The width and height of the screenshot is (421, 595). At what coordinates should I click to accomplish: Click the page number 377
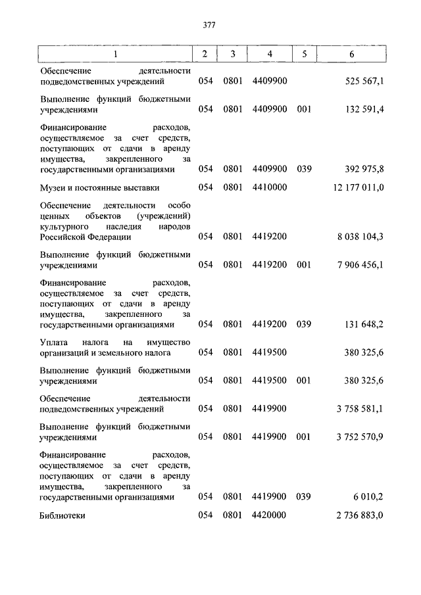210,26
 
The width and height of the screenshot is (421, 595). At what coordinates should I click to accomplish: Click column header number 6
352,54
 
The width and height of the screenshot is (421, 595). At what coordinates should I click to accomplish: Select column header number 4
270,54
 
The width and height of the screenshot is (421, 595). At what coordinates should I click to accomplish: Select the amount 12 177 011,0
359,187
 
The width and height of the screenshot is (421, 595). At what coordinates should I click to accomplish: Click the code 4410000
270,187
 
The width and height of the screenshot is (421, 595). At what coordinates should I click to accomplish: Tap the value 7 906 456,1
360,265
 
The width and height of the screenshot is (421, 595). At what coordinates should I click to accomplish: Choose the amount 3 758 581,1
360,408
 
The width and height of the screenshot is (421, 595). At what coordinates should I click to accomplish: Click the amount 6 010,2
368,497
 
